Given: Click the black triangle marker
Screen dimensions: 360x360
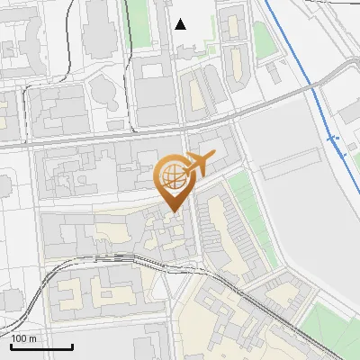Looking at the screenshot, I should (x=181, y=24).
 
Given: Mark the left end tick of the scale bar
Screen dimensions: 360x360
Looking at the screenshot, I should (x=10, y=346).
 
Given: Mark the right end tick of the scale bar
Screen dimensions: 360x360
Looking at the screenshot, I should (x=72, y=346).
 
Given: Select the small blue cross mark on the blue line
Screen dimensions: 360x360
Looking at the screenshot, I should (x=333, y=139).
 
